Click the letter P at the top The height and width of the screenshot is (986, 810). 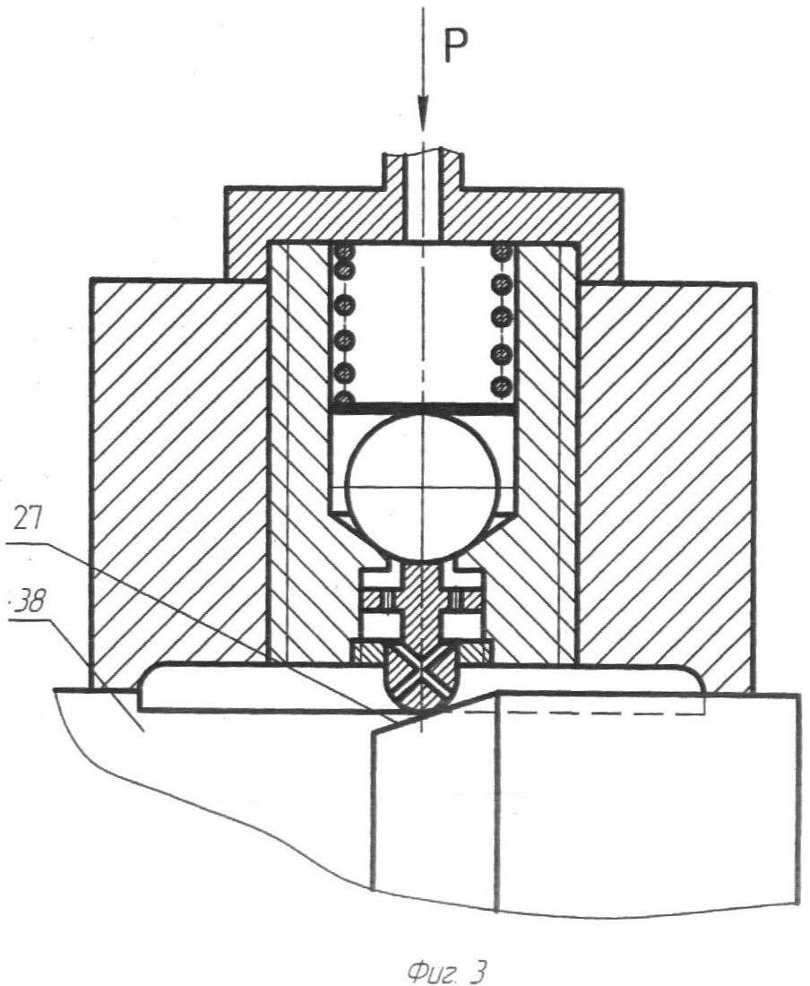457,46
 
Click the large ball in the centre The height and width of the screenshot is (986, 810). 423,488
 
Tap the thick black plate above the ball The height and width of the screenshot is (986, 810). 424,408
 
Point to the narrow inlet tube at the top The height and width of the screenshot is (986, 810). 424,195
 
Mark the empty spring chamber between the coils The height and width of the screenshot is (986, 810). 424,322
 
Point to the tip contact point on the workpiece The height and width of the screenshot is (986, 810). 419,714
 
